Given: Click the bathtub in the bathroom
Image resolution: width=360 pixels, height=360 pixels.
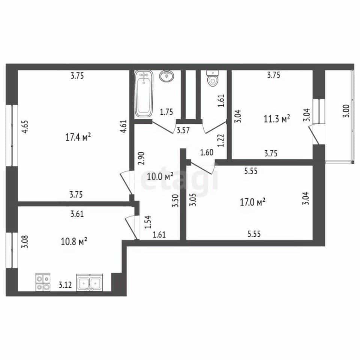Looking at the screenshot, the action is [x=144, y=94].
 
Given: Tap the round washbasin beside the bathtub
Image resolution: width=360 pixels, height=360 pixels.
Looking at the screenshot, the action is [x=167, y=76].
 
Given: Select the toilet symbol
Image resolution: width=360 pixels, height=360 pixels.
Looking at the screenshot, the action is [x=213, y=78].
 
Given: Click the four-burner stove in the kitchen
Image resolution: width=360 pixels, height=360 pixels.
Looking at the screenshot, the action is [x=43, y=282].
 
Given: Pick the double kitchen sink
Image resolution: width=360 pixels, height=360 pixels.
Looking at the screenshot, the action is [x=90, y=282].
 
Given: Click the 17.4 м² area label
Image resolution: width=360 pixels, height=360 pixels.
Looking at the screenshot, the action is [x=78, y=137].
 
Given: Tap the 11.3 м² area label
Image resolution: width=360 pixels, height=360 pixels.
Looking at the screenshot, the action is [x=277, y=119].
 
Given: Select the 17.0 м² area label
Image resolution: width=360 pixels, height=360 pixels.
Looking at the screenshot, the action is [x=252, y=202].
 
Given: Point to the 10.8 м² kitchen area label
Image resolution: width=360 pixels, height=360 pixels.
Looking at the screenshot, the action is [x=74, y=241].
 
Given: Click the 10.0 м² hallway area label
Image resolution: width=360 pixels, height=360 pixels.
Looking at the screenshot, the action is [x=160, y=177].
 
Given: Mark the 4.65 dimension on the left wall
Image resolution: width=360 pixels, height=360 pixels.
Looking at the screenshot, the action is [x=25, y=127].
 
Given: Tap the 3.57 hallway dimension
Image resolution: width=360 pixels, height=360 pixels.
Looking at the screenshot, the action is [x=183, y=130].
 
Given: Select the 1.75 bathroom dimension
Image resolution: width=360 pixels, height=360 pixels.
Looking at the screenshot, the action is [x=166, y=112].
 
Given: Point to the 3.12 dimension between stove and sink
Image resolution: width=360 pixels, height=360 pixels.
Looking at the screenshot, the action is [x=65, y=285].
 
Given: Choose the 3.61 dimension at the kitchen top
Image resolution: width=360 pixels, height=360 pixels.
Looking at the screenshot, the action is [x=77, y=214].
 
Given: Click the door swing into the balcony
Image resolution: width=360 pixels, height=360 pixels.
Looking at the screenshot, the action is [x=314, y=134].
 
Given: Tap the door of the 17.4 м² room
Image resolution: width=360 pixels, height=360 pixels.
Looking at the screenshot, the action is [x=126, y=183].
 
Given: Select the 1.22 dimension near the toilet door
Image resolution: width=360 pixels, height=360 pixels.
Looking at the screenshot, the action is [x=221, y=140].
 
